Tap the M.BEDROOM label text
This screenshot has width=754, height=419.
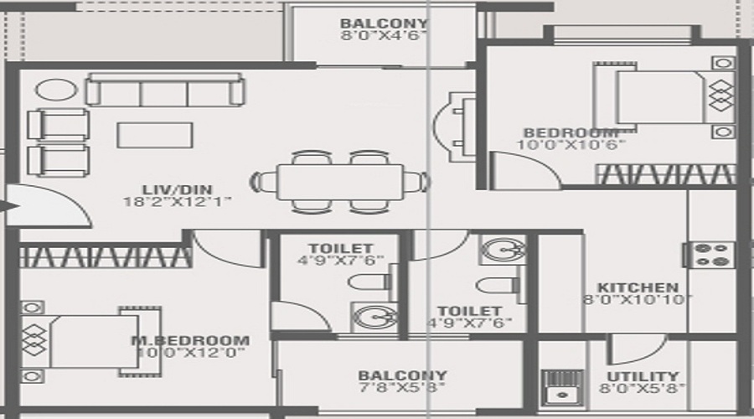coord(191,341)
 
